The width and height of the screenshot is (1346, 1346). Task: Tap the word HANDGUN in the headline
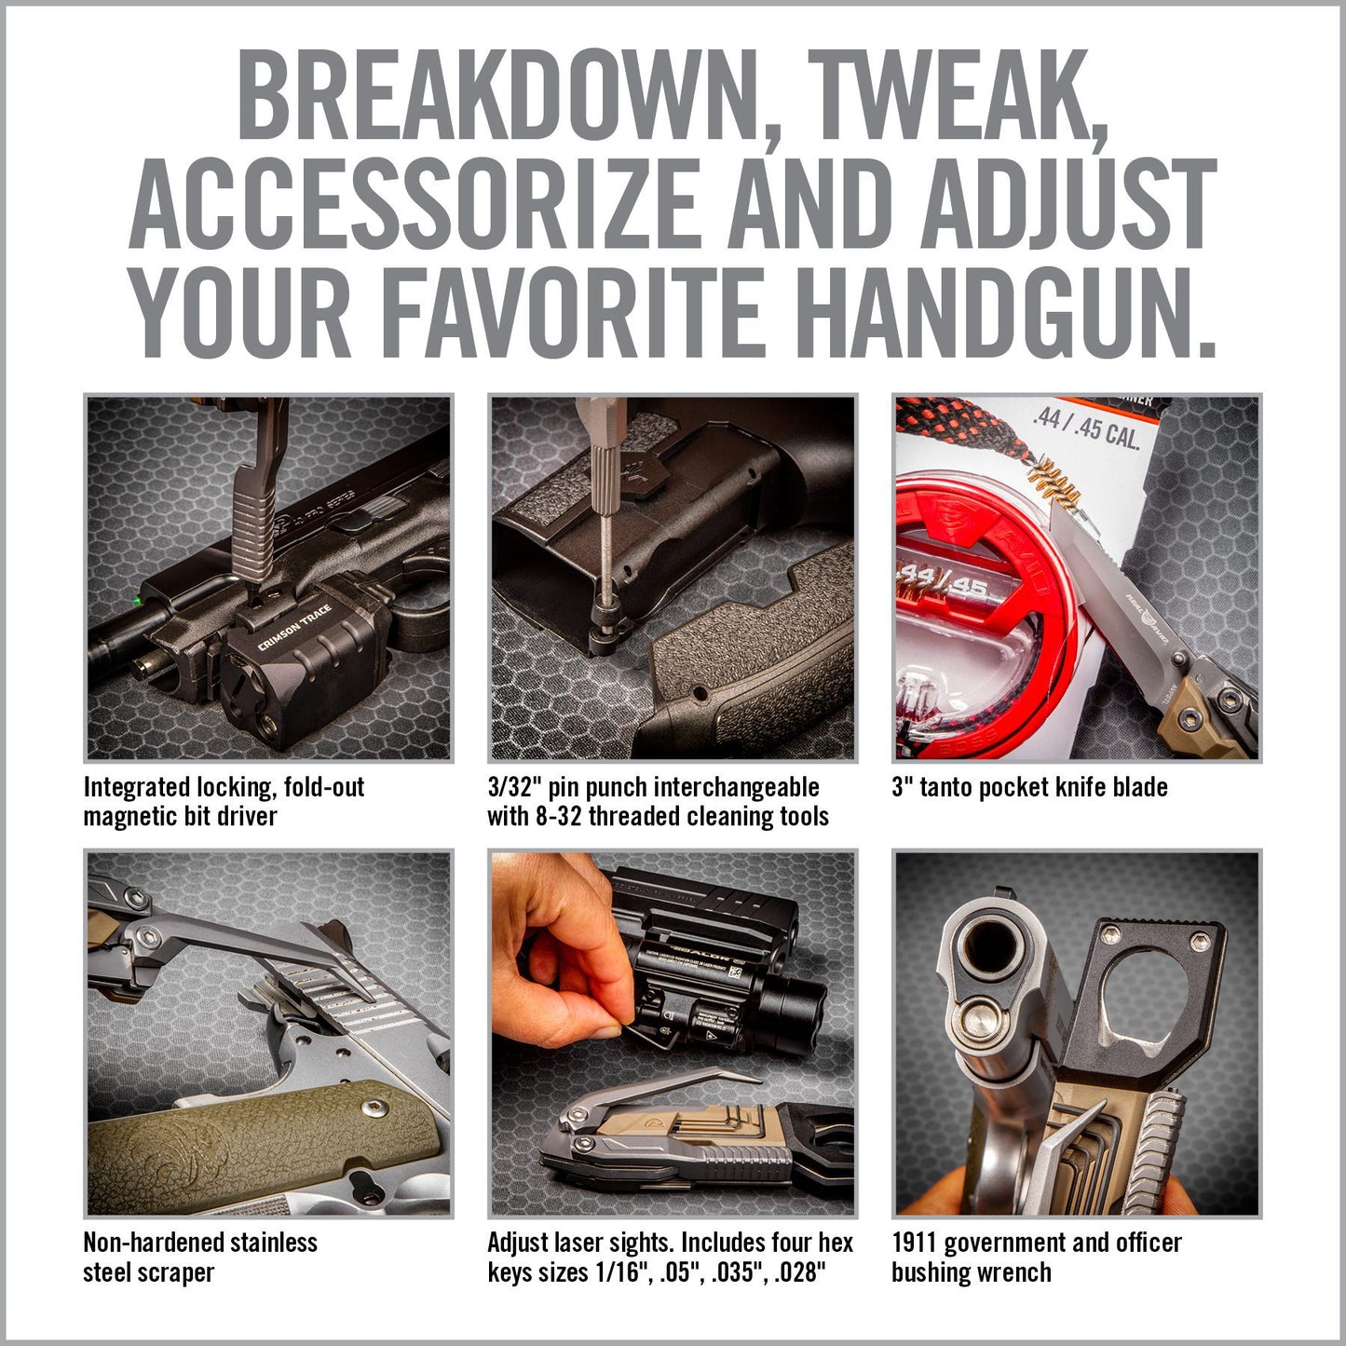point(1006,310)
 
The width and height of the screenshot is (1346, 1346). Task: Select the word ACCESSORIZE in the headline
point(414,203)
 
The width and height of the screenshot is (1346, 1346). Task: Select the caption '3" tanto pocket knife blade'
point(1029,787)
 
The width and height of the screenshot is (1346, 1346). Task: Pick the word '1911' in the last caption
point(913,1243)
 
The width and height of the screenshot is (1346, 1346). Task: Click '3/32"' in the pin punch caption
point(514,787)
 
